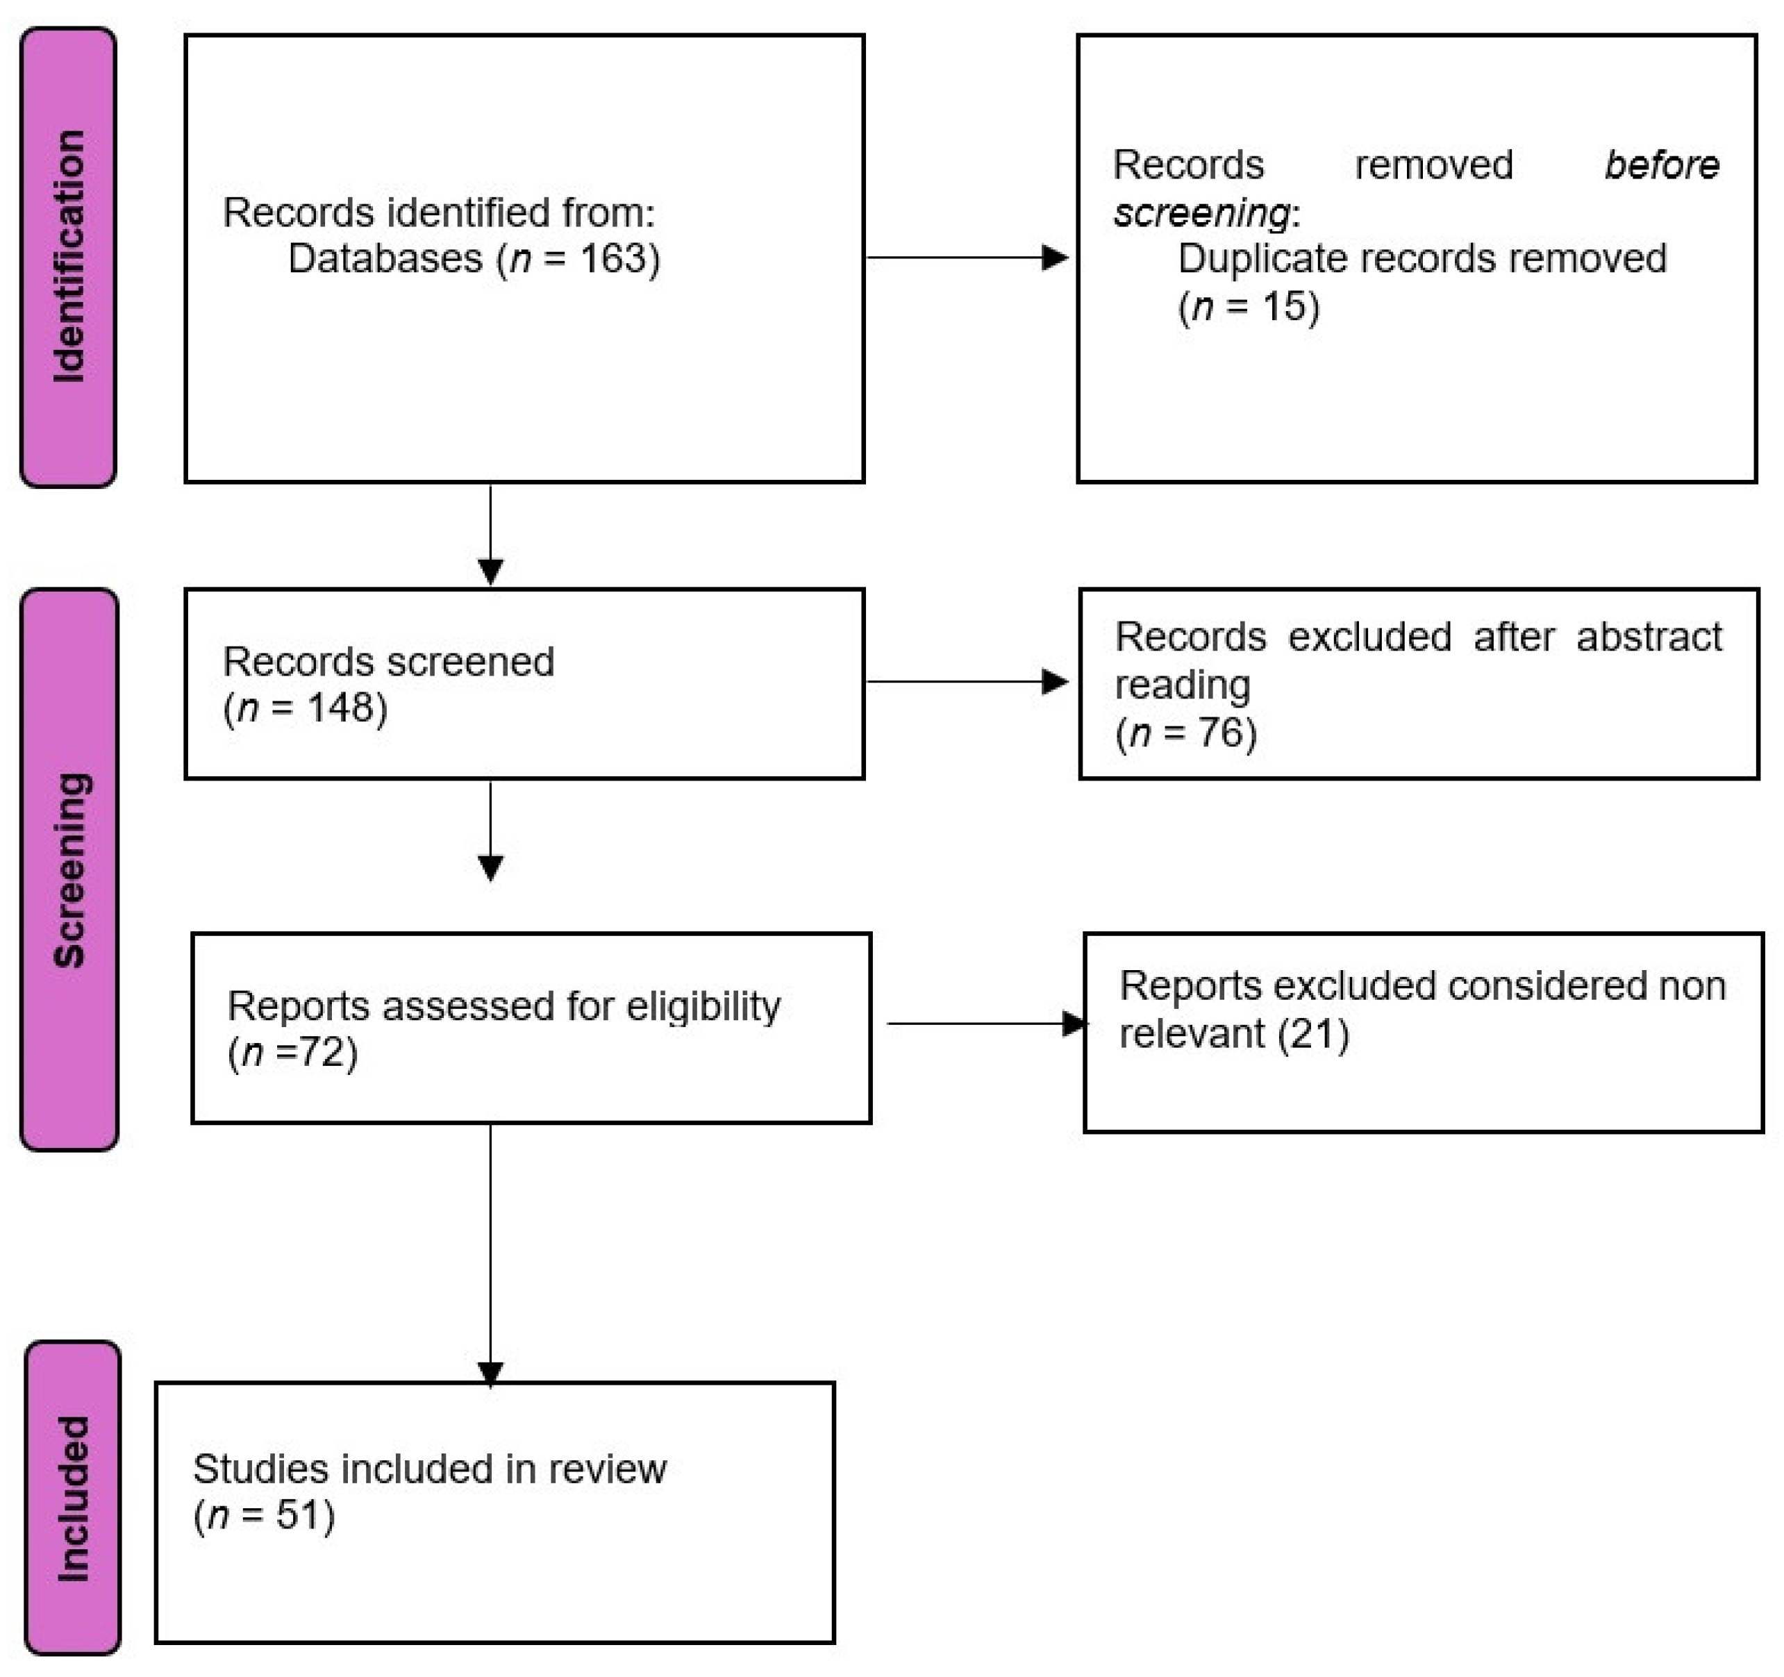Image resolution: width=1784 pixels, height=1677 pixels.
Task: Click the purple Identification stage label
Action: [x=68, y=258]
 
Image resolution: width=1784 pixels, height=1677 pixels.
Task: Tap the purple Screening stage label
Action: [x=69, y=869]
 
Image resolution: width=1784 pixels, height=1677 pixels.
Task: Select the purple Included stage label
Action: [x=72, y=1498]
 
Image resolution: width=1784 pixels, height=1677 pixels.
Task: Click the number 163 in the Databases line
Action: [x=613, y=259]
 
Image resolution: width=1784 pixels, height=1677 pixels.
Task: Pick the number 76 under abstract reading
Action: [x=1219, y=733]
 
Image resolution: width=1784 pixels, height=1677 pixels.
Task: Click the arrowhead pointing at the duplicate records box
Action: [x=1054, y=258]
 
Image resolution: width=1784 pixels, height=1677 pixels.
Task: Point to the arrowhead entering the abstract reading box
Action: [x=1054, y=682]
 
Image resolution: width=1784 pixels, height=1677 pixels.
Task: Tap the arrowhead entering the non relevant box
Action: [x=1074, y=1024]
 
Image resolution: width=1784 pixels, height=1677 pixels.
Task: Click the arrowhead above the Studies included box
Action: [x=490, y=1374]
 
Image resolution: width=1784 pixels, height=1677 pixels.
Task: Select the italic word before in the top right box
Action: [x=1661, y=165]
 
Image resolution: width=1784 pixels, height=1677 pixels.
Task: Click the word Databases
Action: [x=385, y=259]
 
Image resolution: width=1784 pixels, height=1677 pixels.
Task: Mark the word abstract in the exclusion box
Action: [x=1649, y=637]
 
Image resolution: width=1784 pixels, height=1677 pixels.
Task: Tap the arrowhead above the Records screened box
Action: [x=490, y=571]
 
